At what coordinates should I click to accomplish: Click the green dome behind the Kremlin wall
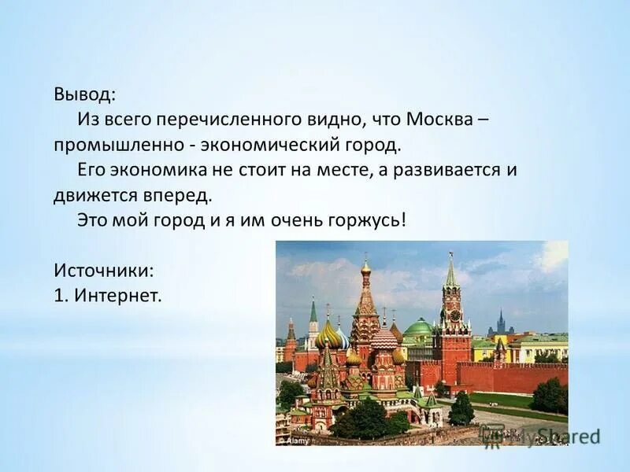pos(417,327)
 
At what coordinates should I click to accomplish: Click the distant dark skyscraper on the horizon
pos(499,323)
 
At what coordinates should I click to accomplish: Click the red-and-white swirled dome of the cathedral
pos(384,338)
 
